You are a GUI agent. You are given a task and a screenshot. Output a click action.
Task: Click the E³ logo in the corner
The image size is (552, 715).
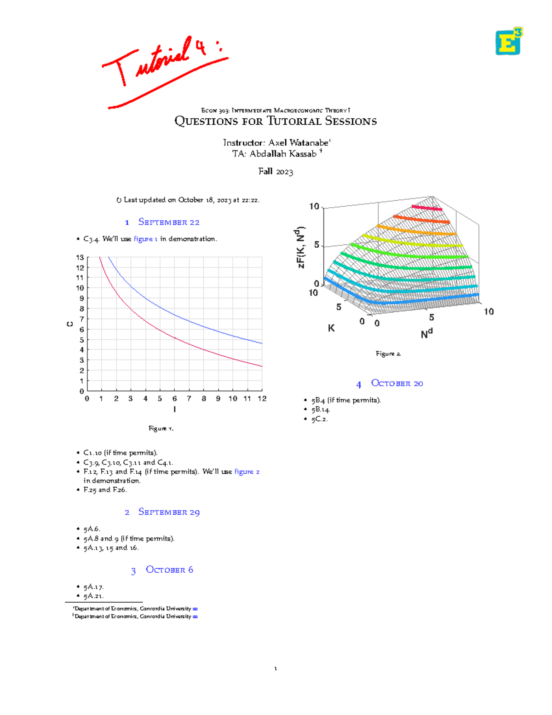tap(508, 41)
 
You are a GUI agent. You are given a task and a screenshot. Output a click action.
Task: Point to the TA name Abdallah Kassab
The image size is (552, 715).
tap(283, 154)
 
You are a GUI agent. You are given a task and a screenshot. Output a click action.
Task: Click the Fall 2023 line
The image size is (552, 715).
tap(276, 171)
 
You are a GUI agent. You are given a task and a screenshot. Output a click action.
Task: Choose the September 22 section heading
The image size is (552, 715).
tap(168, 222)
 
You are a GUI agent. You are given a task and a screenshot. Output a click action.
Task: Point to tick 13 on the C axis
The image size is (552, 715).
tap(80, 257)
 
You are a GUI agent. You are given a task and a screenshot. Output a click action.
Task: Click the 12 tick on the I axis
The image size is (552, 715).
tap(262, 399)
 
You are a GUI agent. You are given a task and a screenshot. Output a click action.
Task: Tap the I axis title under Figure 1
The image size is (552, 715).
tap(174, 409)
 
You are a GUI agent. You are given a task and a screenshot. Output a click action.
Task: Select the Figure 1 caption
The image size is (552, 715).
tap(161, 428)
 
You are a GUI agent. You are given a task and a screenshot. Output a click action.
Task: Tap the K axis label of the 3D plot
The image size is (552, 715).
tap(331, 328)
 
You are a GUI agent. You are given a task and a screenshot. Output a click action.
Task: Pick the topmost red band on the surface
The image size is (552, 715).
tap(426, 208)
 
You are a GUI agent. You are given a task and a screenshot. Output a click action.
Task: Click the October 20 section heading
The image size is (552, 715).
tap(397, 383)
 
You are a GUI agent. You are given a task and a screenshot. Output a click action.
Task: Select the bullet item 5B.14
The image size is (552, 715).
tap(321, 409)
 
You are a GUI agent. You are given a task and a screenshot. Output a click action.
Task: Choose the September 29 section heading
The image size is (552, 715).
tap(168, 512)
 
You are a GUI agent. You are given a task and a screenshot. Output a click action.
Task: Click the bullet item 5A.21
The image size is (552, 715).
tap(93, 596)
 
